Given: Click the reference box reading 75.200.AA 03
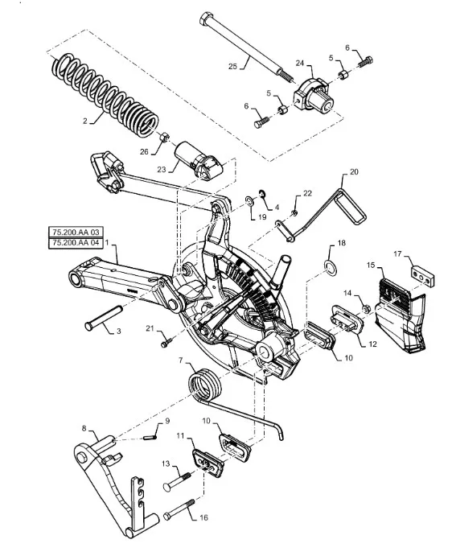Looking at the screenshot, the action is [76, 233].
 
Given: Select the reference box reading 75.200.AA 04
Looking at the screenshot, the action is [76, 243].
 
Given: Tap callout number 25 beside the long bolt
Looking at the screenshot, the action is [232, 66].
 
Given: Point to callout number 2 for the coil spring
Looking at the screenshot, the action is [85, 121].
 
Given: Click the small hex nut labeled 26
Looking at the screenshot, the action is [164, 137].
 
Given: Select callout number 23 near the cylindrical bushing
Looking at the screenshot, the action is [162, 170].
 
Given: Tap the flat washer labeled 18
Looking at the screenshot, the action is [331, 268].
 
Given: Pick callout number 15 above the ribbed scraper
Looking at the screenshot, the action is [371, 266].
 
